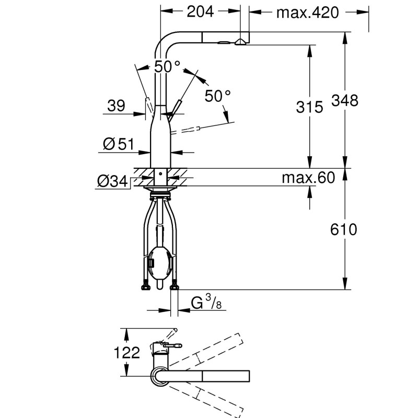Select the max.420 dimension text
point(308,12)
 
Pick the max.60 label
point(308,178)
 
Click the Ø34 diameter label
point(112,181)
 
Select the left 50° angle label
point(167,67)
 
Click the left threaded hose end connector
point(144,285)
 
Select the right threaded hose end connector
point(175,285)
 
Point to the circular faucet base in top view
point(160,376)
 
